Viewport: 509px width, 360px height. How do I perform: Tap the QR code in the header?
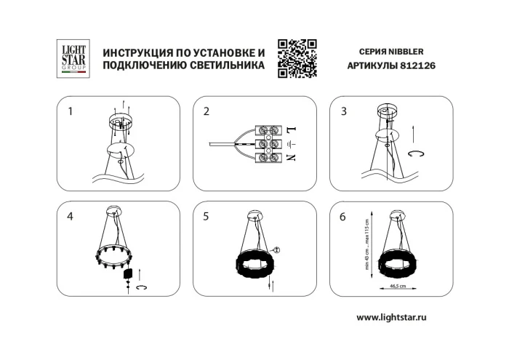coord(297,57)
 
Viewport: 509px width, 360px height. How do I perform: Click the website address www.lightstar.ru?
coord(401,318)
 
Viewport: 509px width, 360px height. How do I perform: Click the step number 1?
coord(71,112)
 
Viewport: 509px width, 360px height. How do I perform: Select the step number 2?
coord(207,112)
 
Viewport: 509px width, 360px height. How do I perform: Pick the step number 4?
coord(71,216)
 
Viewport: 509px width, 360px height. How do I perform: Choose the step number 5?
coord(207,216)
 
